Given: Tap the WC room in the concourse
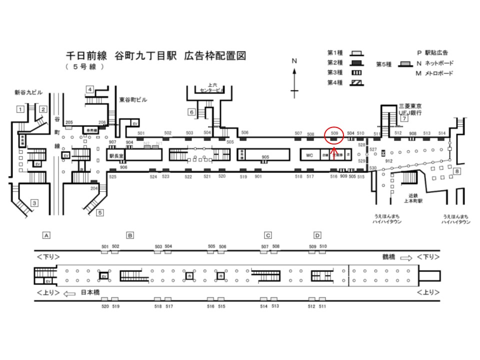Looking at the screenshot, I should (x=310, y=155).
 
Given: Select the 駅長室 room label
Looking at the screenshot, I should (x=116, y=155).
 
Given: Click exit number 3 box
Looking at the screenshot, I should (x=34, y=203).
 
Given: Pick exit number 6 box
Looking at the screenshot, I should (x=191, y=112).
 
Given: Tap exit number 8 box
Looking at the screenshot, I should (x=456, y=172).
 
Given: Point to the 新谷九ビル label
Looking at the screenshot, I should (x=28, y=93).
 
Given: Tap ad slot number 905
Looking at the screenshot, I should (x=265, y=157).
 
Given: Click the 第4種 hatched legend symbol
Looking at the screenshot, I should (x=357, y=82).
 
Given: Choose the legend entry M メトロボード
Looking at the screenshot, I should (x=434, y=73).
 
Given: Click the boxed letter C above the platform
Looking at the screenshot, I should (x=268, y=235).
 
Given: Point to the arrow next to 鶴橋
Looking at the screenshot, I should (x=405, y=257).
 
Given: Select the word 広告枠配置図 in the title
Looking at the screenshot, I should (x=215, y=55).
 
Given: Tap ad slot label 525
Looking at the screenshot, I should (x=112, y=176).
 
